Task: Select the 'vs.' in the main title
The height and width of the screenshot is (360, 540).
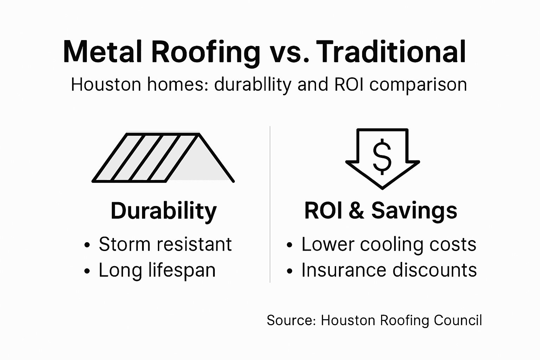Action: point(288,53)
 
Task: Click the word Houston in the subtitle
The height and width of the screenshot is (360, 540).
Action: point(106,85)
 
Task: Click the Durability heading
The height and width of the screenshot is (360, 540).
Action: point(163,211)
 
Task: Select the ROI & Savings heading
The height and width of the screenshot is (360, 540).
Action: point(380,211)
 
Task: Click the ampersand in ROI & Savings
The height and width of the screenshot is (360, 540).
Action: point(356,211)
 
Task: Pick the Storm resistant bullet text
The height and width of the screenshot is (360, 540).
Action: point(165,244)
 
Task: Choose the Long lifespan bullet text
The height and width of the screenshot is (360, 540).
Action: point(157,270)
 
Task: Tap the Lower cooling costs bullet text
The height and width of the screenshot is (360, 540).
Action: point(388,244)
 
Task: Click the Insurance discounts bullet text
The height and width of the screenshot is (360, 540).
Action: point(389,270)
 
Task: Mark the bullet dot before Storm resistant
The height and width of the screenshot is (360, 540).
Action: point(87,245)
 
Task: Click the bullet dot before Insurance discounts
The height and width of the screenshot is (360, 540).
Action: point(290,271)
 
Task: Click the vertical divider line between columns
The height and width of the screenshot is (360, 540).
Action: point(270,204)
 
